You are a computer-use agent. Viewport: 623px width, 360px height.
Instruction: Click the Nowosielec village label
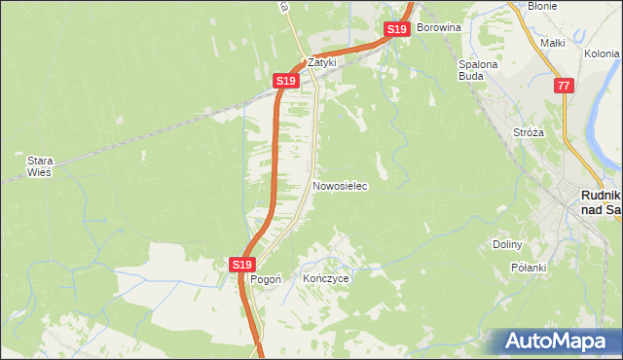pyautogui.click(x=340, y=185)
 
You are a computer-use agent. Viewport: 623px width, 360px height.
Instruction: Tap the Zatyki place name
pyautogui.click(x=322, y=60)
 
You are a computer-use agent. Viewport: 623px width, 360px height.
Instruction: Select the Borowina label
pyautogui.click(x=438, y=27)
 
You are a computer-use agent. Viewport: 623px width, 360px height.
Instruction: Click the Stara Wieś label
pyautogui.click(x=39, y=165)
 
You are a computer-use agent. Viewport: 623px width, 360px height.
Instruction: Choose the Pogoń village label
pyautogui.click(x=266, y=278)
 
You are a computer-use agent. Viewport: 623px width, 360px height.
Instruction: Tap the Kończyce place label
pyautogui.click(x=325, y=278)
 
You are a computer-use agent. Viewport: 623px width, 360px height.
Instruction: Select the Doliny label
pyautogui.click(x=508, y=245)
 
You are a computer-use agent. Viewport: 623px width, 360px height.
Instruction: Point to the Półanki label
pyautogui.click(x=531, y=267)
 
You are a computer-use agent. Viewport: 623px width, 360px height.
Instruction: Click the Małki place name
pyautogui.click(x=553, y=43)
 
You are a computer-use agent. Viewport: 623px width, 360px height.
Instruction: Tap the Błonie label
pyautogui.click(x=541, y=6)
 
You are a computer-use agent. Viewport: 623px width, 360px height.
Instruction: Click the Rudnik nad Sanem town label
pyautogui.click(x=600, y=201)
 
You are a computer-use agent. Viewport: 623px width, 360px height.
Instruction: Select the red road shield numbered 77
pyautogui.click(x=564, y=87)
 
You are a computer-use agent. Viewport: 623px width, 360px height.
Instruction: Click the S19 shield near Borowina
pyautogui.click(x=396, y=30)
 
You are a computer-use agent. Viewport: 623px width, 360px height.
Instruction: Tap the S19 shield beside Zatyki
pyautogui.click(x=284, y=81)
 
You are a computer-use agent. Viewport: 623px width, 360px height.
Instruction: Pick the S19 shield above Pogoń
pyautogui.click(x=242, y=264)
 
